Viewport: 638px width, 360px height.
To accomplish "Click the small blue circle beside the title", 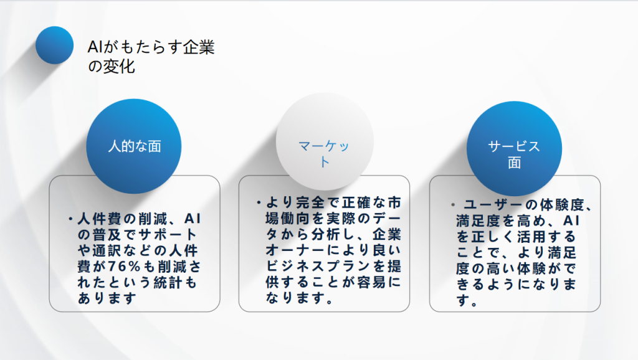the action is (x=55, y=45).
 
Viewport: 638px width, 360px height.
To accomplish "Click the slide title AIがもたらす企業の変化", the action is (x=151, y=57).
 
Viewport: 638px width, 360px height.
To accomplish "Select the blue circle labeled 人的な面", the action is (x=134, y=146).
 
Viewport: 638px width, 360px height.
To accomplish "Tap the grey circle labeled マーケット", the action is (x=324, y=141).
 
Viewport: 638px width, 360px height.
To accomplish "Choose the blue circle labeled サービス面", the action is (x=514, y=148).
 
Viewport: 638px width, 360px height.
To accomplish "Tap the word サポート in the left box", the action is (x=168, y=235).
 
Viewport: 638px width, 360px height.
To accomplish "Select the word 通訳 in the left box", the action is (x=107, y=250).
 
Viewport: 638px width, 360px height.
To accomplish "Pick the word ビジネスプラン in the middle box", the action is (x=318, y=266).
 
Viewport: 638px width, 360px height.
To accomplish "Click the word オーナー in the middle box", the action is (x=295, y=250).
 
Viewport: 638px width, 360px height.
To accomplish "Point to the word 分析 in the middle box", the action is (x=325, y=234).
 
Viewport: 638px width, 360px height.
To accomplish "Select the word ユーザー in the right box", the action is (x=494, y=205).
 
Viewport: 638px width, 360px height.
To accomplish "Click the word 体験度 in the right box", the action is (x=562, y=205).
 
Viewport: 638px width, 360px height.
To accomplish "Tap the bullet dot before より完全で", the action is (x=259, y=202).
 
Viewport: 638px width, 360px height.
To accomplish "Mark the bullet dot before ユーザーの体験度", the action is (x=453, y=205).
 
